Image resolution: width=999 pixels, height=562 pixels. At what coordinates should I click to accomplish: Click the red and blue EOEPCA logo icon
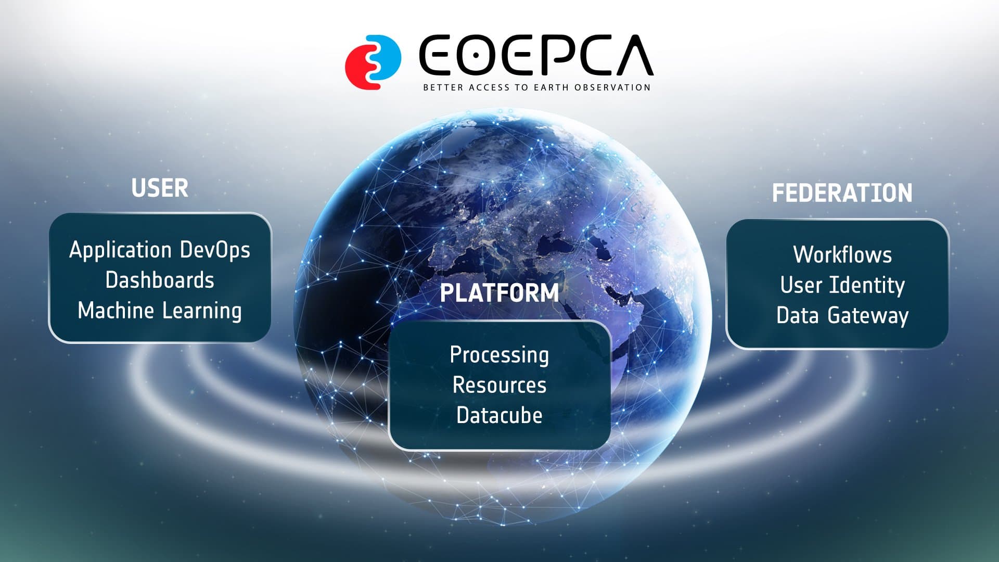(373, 62)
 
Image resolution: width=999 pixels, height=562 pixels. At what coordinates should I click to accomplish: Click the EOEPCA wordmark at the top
(536, 56)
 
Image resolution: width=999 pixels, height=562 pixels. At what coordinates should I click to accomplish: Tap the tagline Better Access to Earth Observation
(537, 87)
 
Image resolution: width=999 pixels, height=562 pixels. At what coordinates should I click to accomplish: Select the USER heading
(160, 188)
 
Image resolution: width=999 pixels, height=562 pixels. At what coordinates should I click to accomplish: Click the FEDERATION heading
(842, 193)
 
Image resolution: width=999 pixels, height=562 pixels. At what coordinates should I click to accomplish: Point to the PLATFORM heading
(499, 293)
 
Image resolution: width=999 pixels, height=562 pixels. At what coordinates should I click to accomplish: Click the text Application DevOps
(160, 251)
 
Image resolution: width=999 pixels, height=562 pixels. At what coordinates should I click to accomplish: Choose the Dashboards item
(160, 280)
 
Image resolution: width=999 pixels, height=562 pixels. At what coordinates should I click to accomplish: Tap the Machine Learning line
(160, 311)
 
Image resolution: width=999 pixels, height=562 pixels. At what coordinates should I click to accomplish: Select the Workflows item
(842, 255)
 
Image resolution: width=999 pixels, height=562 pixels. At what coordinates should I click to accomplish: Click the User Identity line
(842, 286)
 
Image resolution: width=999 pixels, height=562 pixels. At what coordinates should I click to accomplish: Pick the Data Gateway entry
(842, 316)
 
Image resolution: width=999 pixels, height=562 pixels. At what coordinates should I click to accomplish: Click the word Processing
(499, 355)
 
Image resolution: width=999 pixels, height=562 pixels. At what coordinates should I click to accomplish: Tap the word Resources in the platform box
(499, 385)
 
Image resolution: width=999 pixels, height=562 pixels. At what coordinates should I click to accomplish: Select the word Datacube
(499, 415)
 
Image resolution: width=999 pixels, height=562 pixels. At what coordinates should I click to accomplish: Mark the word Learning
(202, 311)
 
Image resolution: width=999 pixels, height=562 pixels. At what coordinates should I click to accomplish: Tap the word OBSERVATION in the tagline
(613, 87)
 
